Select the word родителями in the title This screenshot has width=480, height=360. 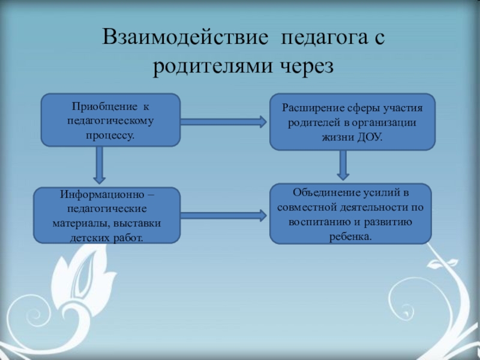pos(211,67)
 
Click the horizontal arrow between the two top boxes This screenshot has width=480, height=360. pos(223,122)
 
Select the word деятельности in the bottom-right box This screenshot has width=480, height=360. pos(367,207)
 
